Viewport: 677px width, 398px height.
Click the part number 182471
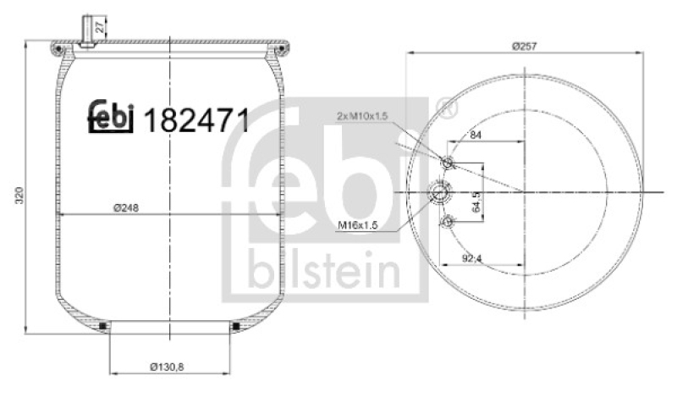198,121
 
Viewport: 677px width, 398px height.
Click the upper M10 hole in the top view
448,163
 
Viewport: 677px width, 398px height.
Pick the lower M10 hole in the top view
448,222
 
